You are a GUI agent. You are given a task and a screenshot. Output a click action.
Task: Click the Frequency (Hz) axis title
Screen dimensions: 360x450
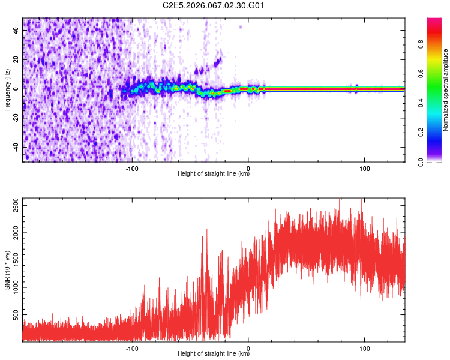point(7,89)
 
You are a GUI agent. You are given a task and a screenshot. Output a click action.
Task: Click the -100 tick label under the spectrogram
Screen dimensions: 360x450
point(132,167)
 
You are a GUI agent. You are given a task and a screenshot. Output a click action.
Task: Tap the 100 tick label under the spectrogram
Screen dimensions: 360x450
point(364,167)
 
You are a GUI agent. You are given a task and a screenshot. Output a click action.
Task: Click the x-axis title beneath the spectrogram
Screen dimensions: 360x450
point(214,174)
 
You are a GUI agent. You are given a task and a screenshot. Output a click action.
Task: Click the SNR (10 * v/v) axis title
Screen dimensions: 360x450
point(7,269)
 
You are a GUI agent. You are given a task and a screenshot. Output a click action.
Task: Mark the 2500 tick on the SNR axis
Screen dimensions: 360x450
point(13,205)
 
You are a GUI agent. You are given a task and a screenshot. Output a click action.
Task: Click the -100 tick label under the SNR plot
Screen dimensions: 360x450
point(132,347)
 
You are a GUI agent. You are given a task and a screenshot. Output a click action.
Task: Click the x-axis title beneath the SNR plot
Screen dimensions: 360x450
point(214,354)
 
